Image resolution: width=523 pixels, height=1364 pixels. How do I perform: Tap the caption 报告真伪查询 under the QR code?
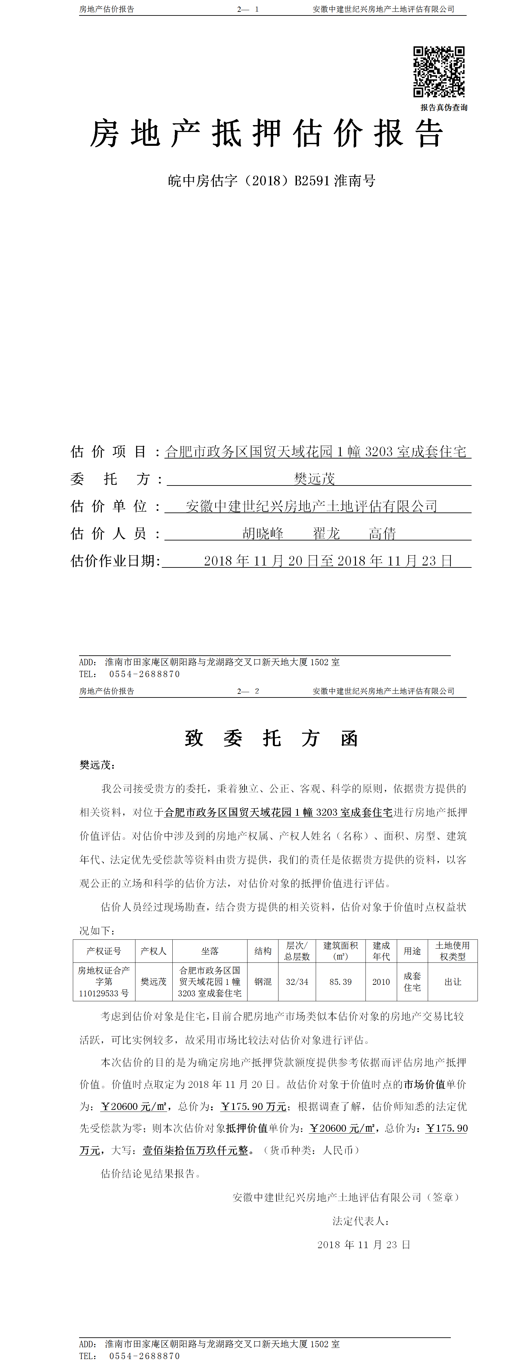[x=444, y=108]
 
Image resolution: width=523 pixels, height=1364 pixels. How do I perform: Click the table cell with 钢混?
[x=263, y=982]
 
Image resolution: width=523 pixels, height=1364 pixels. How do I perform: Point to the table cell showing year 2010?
[x=381, y=982]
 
